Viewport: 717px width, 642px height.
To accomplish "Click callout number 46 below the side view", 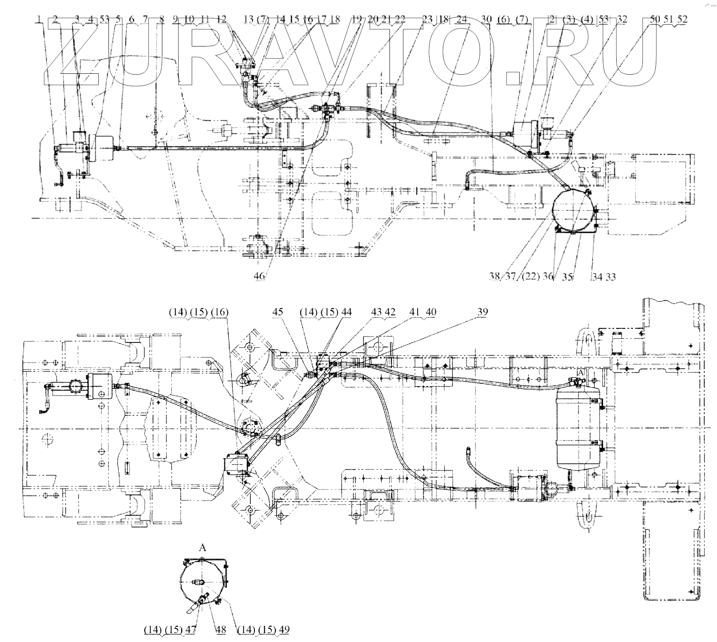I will pos(259,276).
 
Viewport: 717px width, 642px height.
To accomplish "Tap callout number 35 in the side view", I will pos(567,277).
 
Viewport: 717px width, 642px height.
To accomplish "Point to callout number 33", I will pos(611,277).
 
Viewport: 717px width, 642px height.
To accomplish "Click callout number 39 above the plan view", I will pos(483,312).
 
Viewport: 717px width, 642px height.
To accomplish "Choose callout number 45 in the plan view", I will pos(278,312).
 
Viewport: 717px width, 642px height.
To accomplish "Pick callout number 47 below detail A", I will pos(190,629).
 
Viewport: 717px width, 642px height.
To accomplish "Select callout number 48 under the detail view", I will pos(221,629).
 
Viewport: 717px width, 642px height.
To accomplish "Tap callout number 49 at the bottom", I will pos(284,629).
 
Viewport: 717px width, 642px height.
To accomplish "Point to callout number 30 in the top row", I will pos(486,19).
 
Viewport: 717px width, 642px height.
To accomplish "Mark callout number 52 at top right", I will pos(682,19).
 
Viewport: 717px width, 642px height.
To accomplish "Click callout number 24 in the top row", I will pos(462,19).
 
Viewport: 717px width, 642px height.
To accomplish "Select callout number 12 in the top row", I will pos(221,19).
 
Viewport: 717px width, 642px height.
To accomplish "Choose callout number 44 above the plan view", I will pos(347,312).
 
